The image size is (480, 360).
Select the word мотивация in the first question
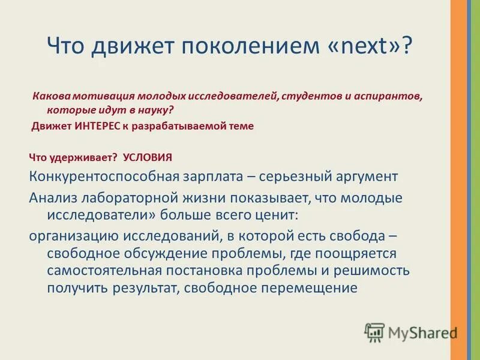(98, 96)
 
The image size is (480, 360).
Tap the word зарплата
(218, 177)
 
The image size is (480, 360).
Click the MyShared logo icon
(374, 332)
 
